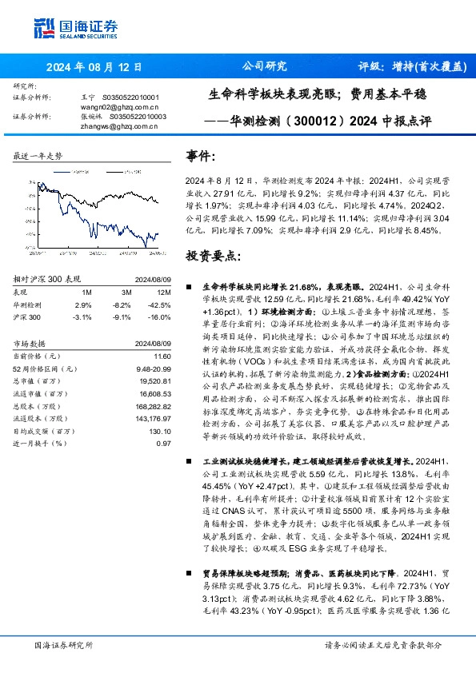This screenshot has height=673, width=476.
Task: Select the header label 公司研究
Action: coord(263,67)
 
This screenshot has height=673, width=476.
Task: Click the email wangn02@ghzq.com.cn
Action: coord(119,106)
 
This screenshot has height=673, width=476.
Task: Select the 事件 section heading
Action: coord(200,155)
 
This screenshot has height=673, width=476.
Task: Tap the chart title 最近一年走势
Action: coord(38,155)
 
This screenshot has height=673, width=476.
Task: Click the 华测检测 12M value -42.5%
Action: coord(160,305)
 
